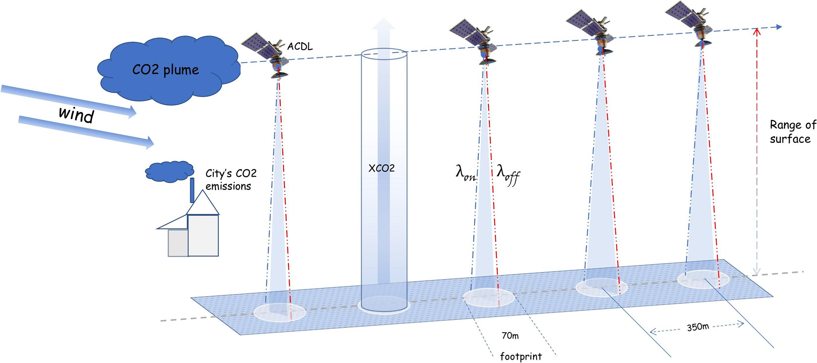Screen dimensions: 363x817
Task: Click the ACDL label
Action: click(x=300, y=46)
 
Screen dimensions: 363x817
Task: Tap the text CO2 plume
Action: click(x=165, y=70)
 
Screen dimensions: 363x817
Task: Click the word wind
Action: click(x=76, y=115)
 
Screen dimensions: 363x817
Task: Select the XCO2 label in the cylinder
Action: click(x=381, y=168)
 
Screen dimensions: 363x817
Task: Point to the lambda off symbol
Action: click(x=508, y=174)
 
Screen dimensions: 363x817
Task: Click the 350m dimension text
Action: click(x=697, y=327)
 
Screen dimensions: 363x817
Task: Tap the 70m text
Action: click(x=510, y=336)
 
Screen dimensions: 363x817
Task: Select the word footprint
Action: click(x=521, y=356)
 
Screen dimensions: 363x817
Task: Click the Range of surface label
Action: click(x=792, y=132)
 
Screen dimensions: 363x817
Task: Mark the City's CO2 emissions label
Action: click(x=231, y=180)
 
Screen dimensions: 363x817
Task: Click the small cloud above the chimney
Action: click(x=170, y=171)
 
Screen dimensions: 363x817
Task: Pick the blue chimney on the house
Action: click(x=192, y=190)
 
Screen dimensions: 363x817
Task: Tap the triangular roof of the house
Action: click(x=203, y=204)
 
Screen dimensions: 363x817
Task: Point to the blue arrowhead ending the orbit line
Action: click(x=779, y=27)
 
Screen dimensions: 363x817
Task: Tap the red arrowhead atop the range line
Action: click(x=757, y=32)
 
